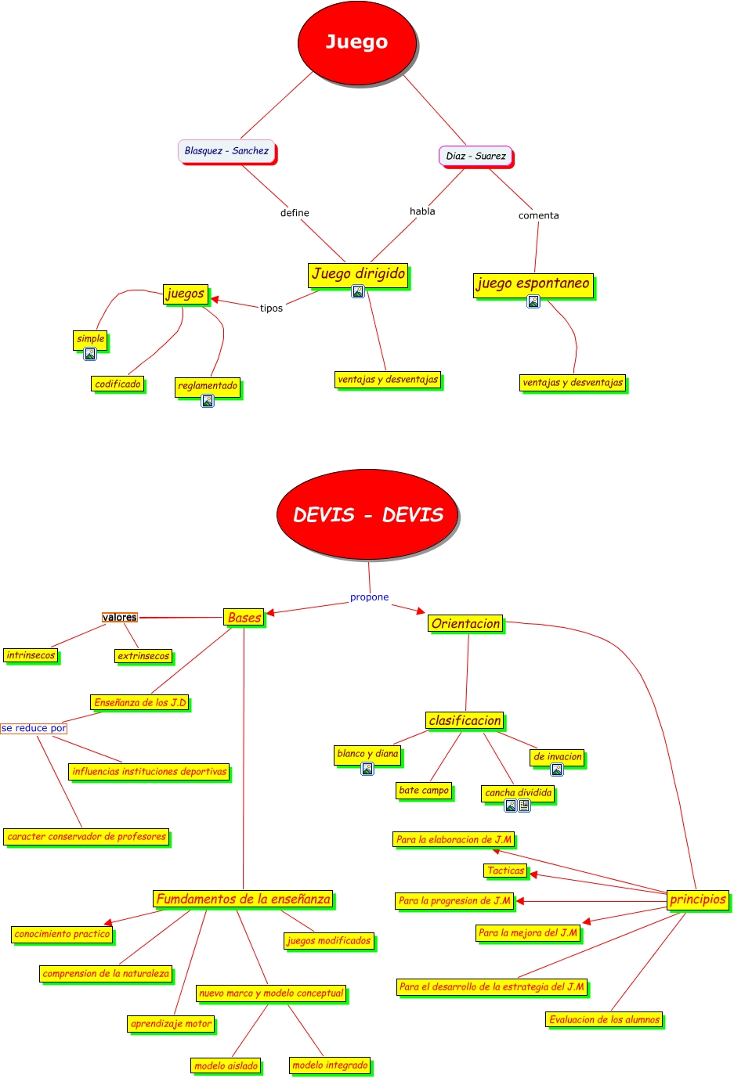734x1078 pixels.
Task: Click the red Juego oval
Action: pyautogui.click(x=356, y=43)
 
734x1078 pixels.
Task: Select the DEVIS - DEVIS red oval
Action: pyautogui.click(x=367, y=514)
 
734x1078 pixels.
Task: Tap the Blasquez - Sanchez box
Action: pyautogui.click(x=226, y=151)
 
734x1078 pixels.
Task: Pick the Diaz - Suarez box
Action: pyautogui.click(x=475, y=156)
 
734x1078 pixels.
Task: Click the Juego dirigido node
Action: pyautogui.click(x=358, y=274)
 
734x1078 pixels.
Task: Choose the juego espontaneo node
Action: pyautogui.click(x=533, y=283)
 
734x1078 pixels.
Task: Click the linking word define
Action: pyautogui.click(x=295, y=213)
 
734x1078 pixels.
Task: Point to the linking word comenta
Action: pyautogui.click(x=538, y=215)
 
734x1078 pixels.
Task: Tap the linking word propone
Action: pyautogui.click(x=369, y=597)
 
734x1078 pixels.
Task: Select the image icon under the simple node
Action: pyautogui.click(x=90, y=354)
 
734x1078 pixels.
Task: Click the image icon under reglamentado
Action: pyautogui.click(x=208, y=401)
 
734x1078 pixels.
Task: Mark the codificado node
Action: pyautogui.click(x=118, y=384)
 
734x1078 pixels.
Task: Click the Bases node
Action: pyautogui.click(x=244, y=618)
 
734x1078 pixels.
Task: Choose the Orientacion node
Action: pyautogui.click(x=465, y=624)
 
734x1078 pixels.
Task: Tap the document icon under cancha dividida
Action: pyautogui.click(x=524, y=806)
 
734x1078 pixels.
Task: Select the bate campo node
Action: pyautogui.click(x=424, y=791)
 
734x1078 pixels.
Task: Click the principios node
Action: pyautogui.click(x=697, y=900)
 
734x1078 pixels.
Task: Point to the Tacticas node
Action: pyautogui.click(x=505, y=871)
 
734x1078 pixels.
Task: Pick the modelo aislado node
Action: pyautogui.click(x=226, y=1065)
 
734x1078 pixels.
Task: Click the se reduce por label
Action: pyautogui.click(x=34, y=728)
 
